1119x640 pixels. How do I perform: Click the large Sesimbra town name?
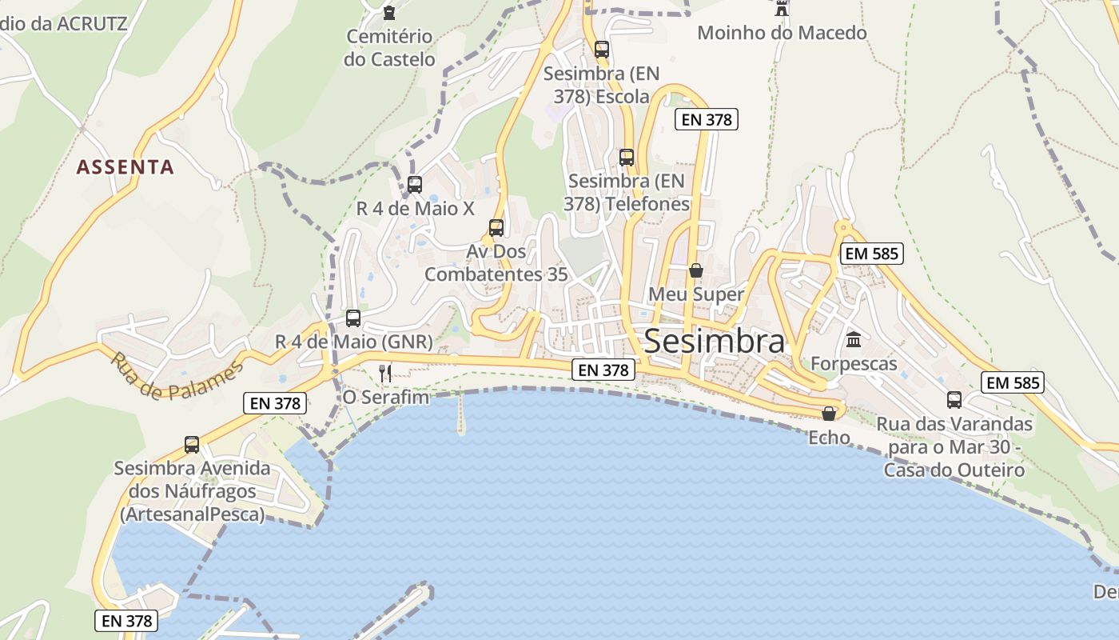[714, 342]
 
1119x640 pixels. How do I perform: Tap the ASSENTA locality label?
[125, 167]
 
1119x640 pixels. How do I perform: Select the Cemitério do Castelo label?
[389, 48]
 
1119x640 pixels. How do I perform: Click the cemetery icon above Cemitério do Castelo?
[389, 12]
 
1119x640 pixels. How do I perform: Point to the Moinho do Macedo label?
[782, 33]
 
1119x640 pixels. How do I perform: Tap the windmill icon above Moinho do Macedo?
[782, 9]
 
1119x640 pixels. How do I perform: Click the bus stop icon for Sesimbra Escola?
[602, 50]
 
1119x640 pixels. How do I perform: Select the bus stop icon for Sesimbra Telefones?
[627, 158]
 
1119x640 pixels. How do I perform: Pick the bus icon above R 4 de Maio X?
[415, 185]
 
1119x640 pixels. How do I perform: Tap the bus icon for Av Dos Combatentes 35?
[496, 228]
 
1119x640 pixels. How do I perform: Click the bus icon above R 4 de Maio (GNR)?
[353, 318]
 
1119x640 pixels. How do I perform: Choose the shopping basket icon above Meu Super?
[696, 270]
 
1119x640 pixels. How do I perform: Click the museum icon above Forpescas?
[854, 339]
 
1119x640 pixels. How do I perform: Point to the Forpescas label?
[854, 364]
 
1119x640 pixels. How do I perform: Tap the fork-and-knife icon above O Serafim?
[385, 373]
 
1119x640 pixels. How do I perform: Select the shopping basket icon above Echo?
[829, 414]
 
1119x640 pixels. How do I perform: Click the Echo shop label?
[829, 438]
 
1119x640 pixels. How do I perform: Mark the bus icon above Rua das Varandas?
[954, 400]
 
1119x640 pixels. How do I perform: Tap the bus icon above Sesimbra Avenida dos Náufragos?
[192, 445]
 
